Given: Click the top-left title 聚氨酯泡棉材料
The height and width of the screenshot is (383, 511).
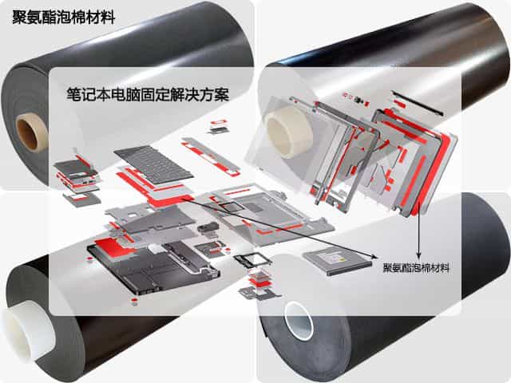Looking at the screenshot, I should pyautogui.click(x=64, y=16).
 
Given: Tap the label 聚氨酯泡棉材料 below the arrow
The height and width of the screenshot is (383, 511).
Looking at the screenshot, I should pyautogui.click(x=416, y=268).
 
